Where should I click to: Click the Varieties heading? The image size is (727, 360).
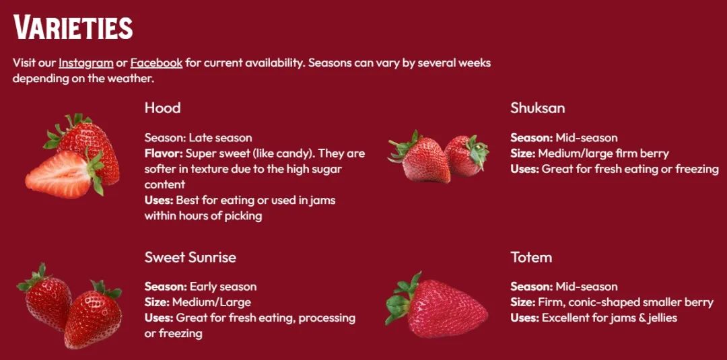[x=73, y=28]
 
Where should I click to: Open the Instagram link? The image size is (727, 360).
[x=85, y=63]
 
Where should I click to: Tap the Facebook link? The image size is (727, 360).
[x=156, y=63]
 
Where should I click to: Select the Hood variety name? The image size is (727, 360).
[x=162, y=108]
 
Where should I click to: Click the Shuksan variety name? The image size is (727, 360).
[x=537, y=108]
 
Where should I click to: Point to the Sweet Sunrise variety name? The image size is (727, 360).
[x=190, y=257]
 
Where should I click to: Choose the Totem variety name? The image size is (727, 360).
[x=531, y=257]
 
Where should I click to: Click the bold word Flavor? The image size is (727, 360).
[x=163, y=153]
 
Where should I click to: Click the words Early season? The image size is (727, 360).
[x=223, y=287]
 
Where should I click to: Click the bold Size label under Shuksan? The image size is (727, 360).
[x=522, y=153]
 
